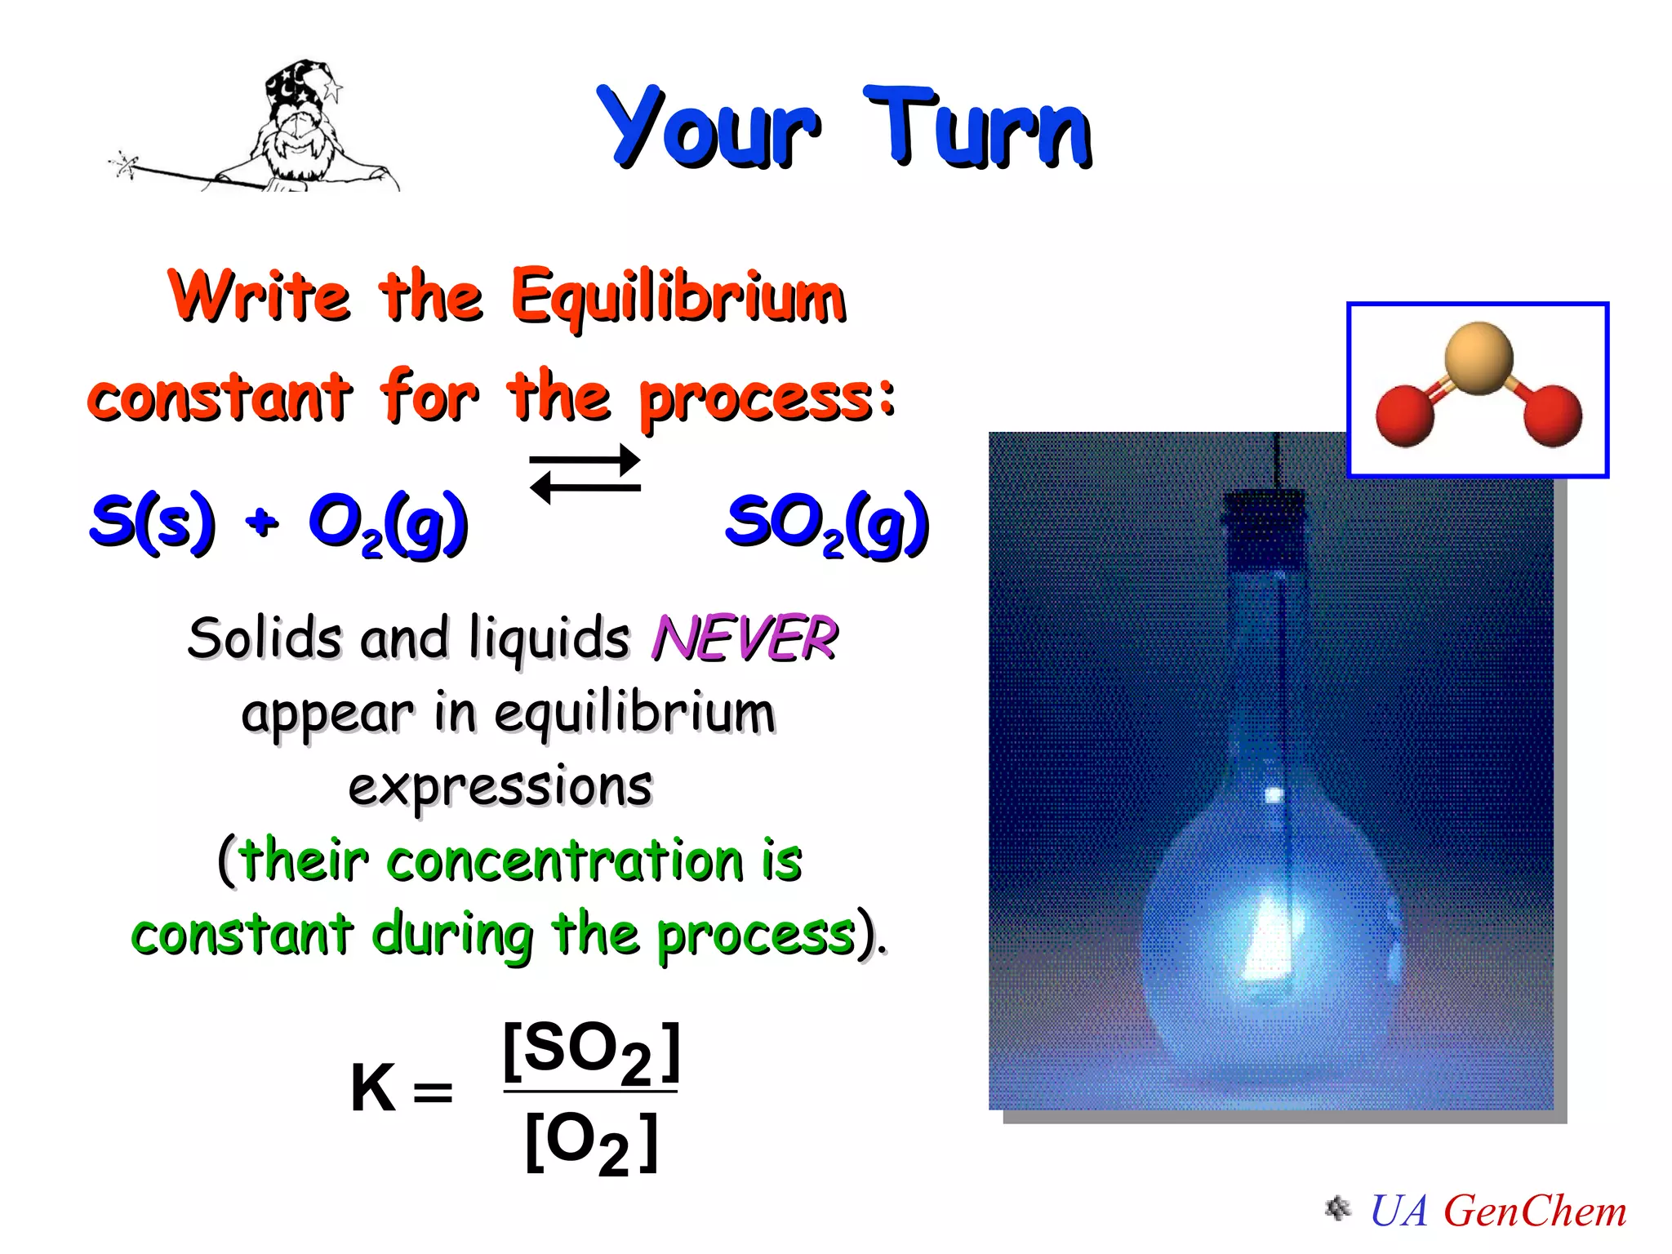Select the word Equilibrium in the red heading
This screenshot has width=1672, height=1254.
pyautogui.click(x=678, y=296)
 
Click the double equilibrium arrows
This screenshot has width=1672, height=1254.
pyautogui.click(x=585, y=474)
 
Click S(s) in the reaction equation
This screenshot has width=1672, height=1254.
pyautogui.click(x=153, y=522)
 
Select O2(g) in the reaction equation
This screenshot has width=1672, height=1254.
pyautogui.click(x=388, y=524)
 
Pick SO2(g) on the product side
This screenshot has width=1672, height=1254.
pyautogui.click(x=827, y=524)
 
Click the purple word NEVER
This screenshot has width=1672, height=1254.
pyautogui.click(x=745, y=638)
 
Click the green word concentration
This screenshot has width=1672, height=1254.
pyautogui.click(x=564, y=860)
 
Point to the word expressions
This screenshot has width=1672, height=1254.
pyautogui.click(x=500, y=787)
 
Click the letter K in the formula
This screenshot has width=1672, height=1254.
pyautogui.click(x=372, y=1088)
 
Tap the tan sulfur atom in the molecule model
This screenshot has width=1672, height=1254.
pyautogui.click(x=1479, y=358)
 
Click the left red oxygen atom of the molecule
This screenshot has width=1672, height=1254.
pyautogui.click(x=1404, y=415)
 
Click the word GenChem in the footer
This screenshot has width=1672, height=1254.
pyautogui.click(x=1535, y=1211)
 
